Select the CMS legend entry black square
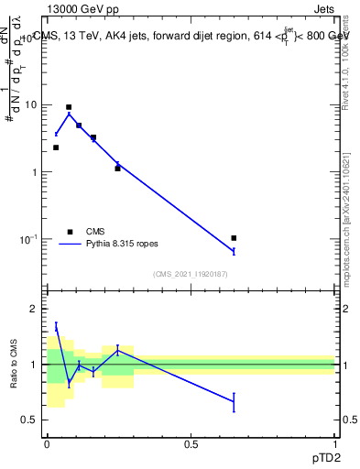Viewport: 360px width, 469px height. tap(70, 232)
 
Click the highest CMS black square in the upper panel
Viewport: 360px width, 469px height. tap(69, 107)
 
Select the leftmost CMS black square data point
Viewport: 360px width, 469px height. tap(56, 147)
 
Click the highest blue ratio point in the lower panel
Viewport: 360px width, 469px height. tap(56, 325)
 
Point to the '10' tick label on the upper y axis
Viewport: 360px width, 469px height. tap(31, 104)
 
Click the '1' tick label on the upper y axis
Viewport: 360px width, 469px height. tap(35, 172)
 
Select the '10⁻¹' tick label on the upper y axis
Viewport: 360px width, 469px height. tap(29, 239)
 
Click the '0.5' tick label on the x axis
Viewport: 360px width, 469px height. tap(191, 443)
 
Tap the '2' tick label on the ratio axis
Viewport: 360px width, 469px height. tap(35, 309)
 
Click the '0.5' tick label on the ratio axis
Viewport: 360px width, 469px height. tap(30, 420)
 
